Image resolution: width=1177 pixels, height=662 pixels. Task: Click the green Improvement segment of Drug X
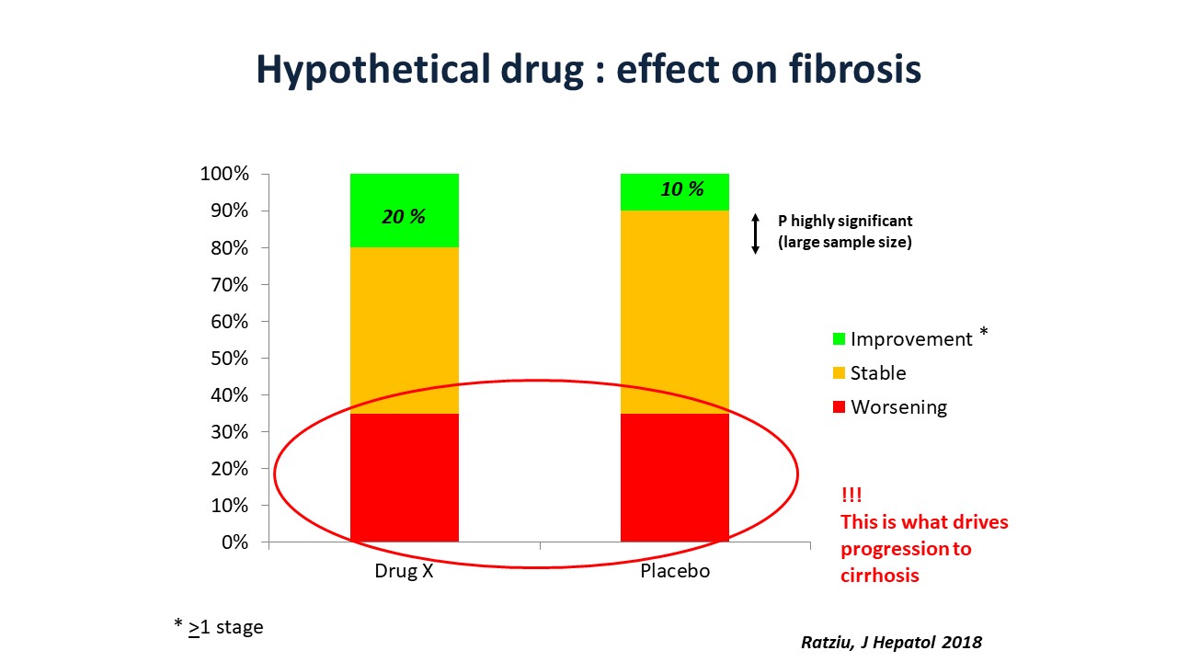pos(404,211)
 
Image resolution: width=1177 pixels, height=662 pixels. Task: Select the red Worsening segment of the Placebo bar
pos(675,477)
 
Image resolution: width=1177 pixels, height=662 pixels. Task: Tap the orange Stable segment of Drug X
pos(404,330)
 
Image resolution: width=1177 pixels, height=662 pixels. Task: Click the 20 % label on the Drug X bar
pos(404,216)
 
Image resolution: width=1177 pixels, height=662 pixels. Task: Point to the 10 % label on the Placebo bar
pos(682,189)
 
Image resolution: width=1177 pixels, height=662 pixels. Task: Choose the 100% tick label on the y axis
pos(224,174)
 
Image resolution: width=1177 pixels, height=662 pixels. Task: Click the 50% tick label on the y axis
pos(229,358)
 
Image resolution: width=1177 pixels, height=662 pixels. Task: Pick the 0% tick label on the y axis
pos(234,542)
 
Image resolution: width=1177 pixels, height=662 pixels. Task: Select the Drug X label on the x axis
pos(404,571)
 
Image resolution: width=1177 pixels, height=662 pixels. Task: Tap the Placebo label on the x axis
pos(675,571)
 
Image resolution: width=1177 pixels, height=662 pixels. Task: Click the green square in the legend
pos(839,339)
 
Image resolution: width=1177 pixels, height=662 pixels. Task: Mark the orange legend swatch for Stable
pos(839,373)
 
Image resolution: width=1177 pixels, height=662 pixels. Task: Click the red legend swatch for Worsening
pos(839,406)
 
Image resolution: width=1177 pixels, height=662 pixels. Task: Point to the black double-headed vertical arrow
pos(755,234)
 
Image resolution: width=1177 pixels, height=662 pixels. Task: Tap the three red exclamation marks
pos(851,495)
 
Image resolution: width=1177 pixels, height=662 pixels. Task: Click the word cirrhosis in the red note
pos(880,576)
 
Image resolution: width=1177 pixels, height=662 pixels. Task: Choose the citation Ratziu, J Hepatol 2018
pos(891,642)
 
